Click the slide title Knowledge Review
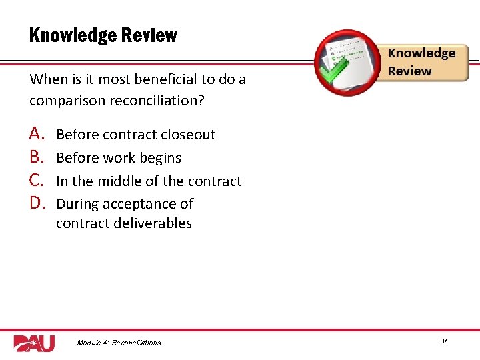pos(103,35)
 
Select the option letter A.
pos(37,134)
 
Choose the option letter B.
pos(37,157)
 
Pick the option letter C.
pos(37,181)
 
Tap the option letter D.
pos(37,203)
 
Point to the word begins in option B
pos(160,158)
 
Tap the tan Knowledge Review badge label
pos(422,62)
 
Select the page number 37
pos(443,341)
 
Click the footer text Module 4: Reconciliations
pos(119,343)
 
